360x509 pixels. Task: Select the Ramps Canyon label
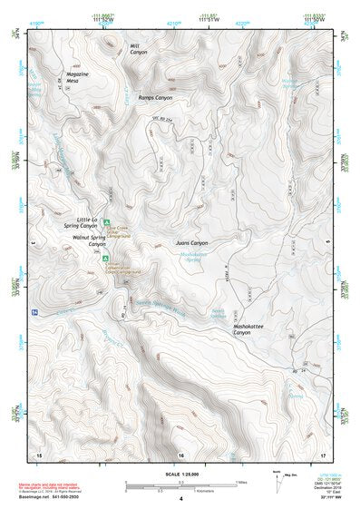pos(154,97)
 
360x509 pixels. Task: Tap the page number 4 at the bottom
pos(180,499)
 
